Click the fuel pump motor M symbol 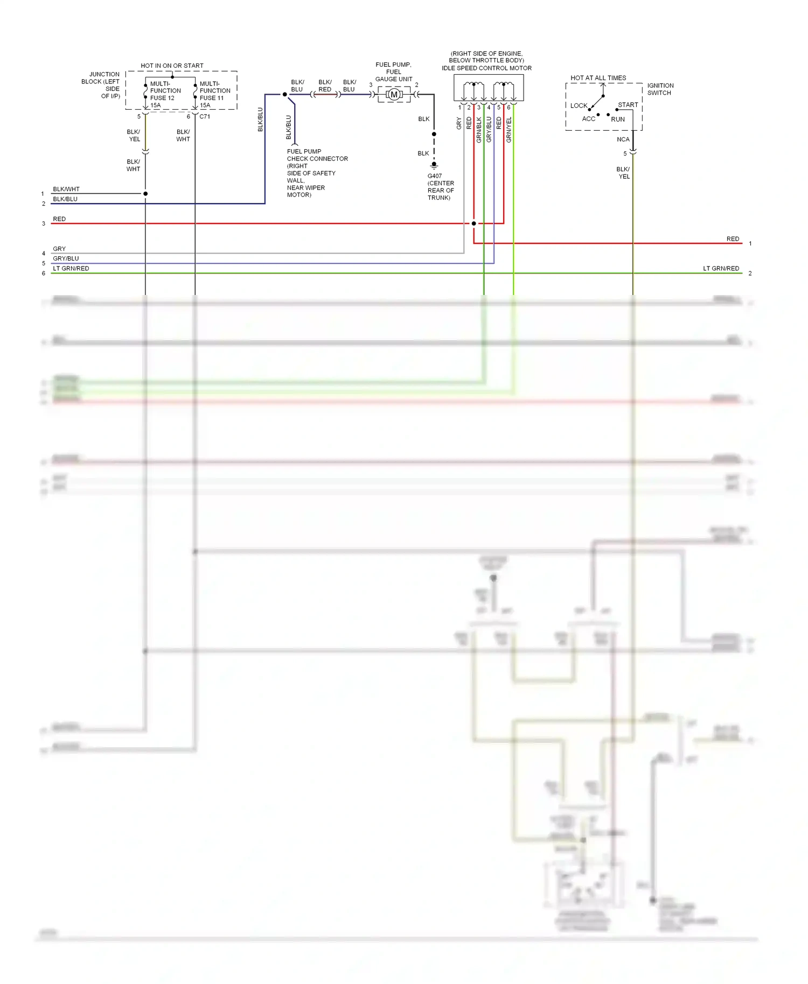[394, 95]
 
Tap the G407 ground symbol [434, 166]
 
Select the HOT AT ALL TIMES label [598, 78]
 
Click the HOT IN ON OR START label [172, 66]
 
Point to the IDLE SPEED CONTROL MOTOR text [486, 68]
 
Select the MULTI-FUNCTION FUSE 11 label [214, 94]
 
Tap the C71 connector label [205, 116]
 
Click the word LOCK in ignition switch [579, 106]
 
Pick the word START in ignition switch [628, 105]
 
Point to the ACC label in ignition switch [588, 119]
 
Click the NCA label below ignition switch [623, 139]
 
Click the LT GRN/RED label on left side [71, 269]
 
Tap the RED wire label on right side [733, 239]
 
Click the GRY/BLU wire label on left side [66, 259]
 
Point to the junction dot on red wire [473, 223]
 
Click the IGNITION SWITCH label [660, 89]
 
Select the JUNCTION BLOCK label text [101, 85]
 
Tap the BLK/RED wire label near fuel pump [325, 86]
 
